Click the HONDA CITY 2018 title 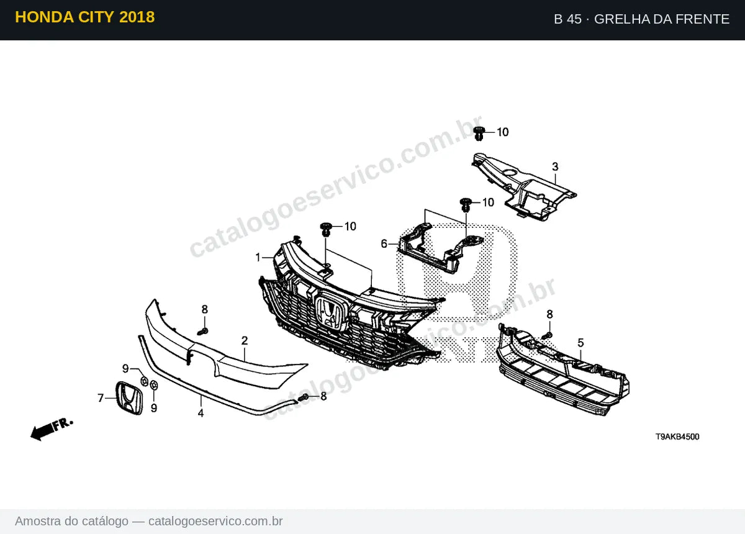coord(85,17)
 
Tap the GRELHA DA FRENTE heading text coord(662,19)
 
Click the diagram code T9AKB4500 coord(677,437)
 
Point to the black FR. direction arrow coord(51,430)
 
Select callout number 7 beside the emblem coord(101,398)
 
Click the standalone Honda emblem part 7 coord(129,398)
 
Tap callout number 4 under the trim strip coord(201,413)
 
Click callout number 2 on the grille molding coord(245,341)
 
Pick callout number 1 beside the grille coord(258,258)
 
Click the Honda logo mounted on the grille coord(332,312)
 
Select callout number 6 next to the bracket coord(384,244)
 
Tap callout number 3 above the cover coord(555,166)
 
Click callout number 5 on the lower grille coord(580,343)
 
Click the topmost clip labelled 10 coord(479,133)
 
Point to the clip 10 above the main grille coord(325,229)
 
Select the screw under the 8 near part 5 coord(547,336)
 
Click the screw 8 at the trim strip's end coord(304,397)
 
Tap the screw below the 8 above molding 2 coord(202,332)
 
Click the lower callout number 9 coord(154,408)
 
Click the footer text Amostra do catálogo coord(71,522)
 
